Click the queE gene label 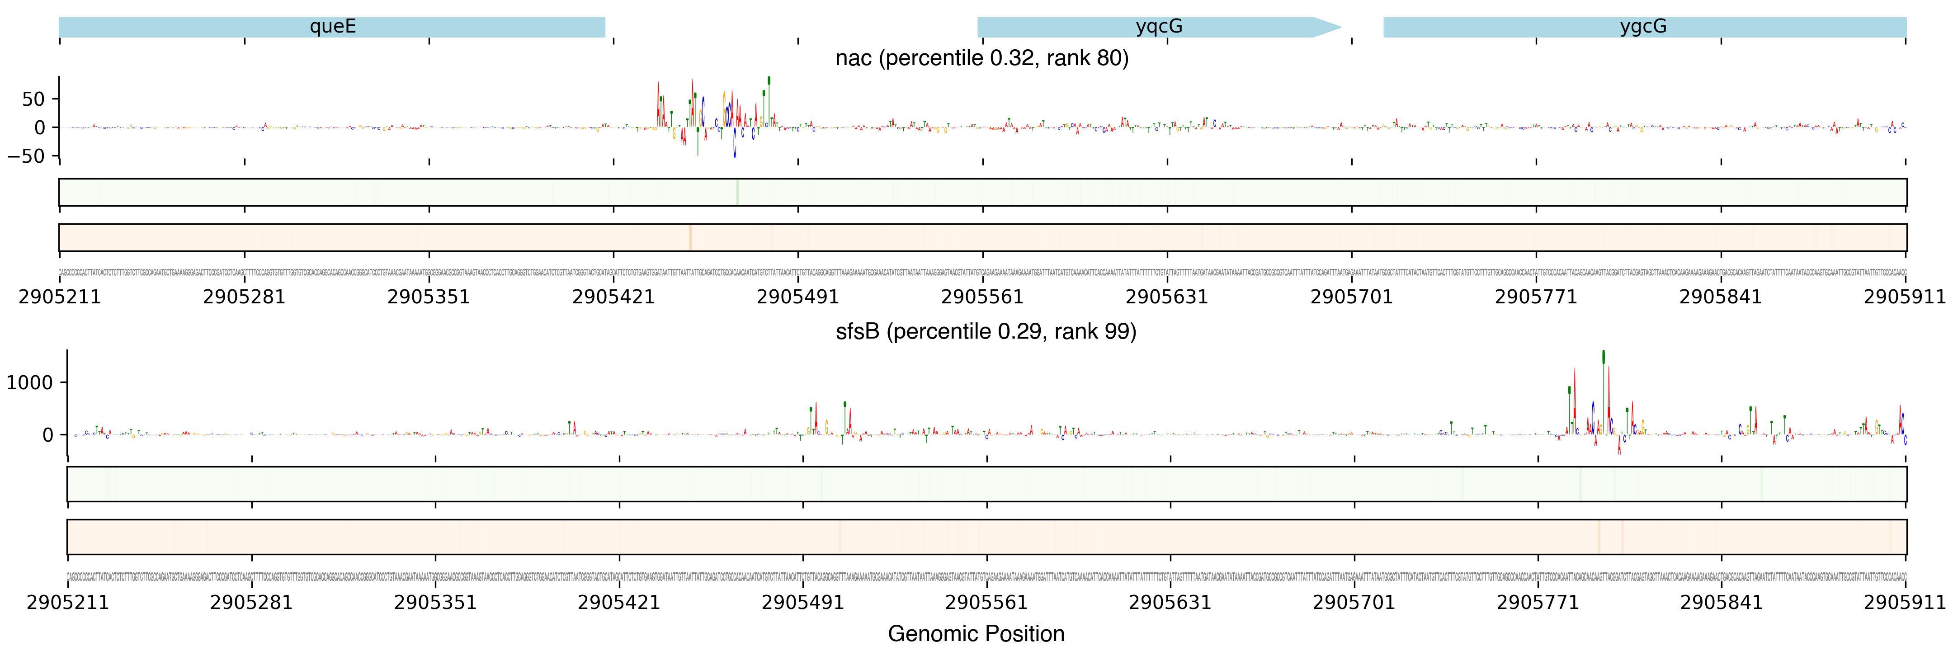tap(332, 27)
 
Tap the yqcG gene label tap(1158, 27)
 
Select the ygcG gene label tap(1643, 27)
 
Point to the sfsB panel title tap(986, 332)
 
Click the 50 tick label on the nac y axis tap(33, 99)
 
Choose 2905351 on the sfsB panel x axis tap(435, 603)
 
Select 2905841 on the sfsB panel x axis tap(1721, 603)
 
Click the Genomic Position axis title tap(976, 633)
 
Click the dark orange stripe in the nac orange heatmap tap(690, 237)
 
